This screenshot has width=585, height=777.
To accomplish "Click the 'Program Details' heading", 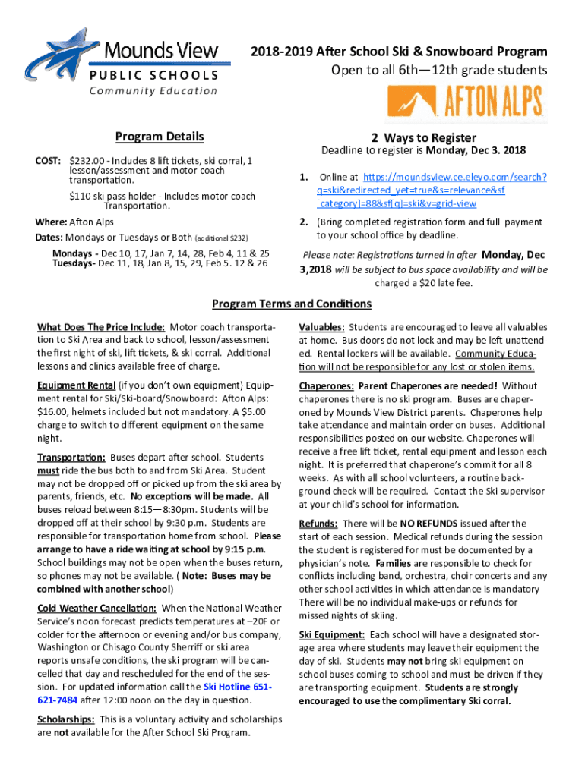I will pyautogui.click(x=160, y=137).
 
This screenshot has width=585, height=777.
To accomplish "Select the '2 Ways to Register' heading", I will pyautogui.click(x=424, y=137).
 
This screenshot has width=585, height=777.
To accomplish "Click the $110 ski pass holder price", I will pyautogui.click(x=81, y=196).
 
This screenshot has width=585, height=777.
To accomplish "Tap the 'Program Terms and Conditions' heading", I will pyautogui.click(x=292, y=304).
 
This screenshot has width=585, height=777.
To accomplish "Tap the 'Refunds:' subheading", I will pyautogui.click(x=318, y=523).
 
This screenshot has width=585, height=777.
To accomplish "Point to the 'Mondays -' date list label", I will pyautogui.click(x=74, y=253).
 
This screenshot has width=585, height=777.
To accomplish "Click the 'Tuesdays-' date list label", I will pyautogui.click(x=74, y=263).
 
